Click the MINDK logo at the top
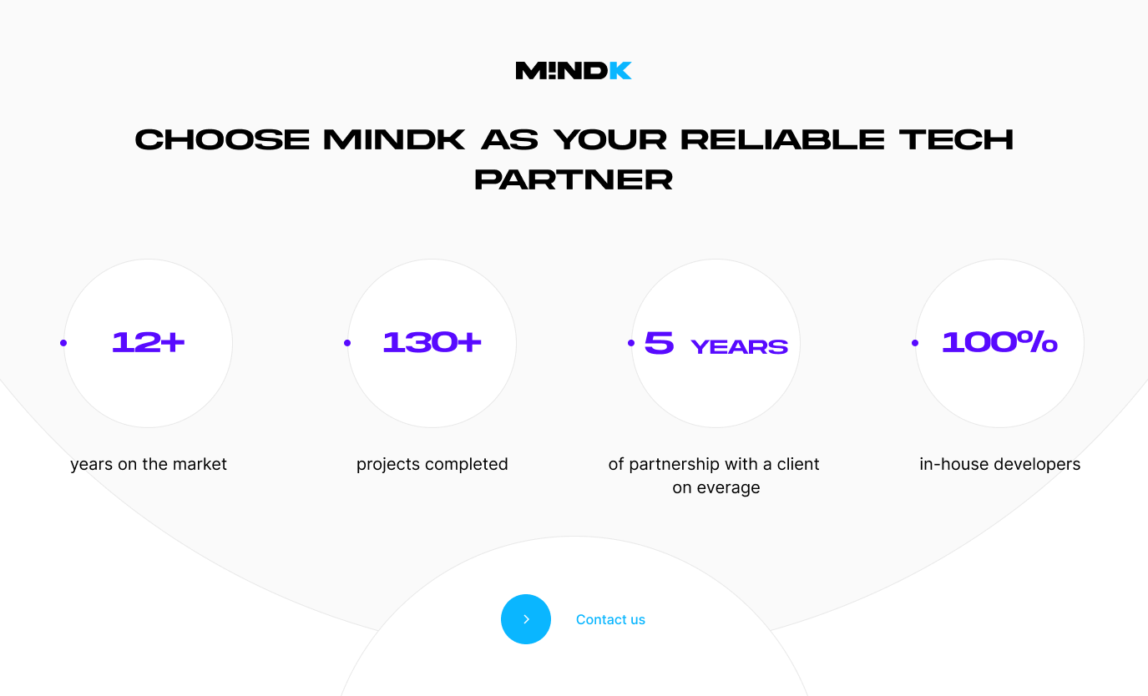(574, 71)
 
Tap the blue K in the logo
(620, 71)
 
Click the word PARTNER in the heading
(574, 179)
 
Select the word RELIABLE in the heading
(782, 140)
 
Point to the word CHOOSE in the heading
(222, 140)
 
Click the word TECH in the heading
(956, 140)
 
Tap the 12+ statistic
(148, 342)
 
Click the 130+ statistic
(432, 342)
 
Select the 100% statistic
(1000, 341)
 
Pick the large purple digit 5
(659, 342)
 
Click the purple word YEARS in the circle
(740, 346)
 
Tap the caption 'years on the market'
(148, 464)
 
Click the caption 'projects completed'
(432, 464)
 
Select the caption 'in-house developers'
(1000, 464)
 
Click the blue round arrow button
(526, 619)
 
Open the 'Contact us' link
(610, 620)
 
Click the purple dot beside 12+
(63, 343)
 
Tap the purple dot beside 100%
(915, 343)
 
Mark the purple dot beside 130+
(347, 343)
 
